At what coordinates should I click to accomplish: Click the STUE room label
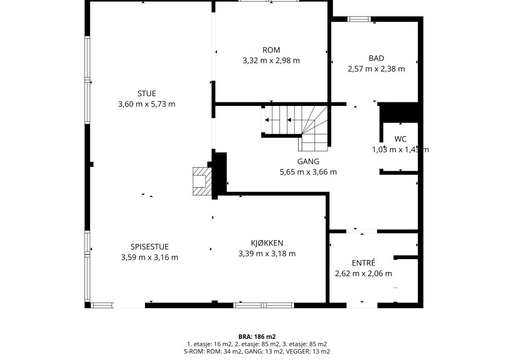coord(146,94)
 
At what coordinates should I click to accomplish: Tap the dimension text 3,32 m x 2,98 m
coord(271,61)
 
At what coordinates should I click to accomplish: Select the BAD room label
coord(376,58)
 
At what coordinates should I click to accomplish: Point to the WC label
coord(400,139)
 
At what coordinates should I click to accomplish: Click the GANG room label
coord(308,161)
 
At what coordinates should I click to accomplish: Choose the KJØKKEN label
coord(267,243)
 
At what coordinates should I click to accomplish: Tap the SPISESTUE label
coord(150,247)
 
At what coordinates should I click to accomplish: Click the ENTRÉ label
coord(363,263)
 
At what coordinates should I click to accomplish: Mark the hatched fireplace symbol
coord(202,182)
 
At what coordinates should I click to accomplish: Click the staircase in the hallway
coord(296,128)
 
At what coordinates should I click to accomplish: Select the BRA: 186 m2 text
coord(257,337)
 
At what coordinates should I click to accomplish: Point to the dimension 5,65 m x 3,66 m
coord(308,172)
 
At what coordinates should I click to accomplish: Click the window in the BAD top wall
coord(359,20)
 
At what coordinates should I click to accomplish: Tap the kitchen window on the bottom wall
coord(264,305)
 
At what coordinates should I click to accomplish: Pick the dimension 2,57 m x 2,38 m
coord(376,69)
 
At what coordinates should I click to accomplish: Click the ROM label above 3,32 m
coord(271,50)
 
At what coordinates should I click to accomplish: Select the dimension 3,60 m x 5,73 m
coord(146,104)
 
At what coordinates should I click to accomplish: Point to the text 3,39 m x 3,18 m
coord(267,254)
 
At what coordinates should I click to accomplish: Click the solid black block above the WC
coord(399,113)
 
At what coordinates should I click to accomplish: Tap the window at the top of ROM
coord(269,1)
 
